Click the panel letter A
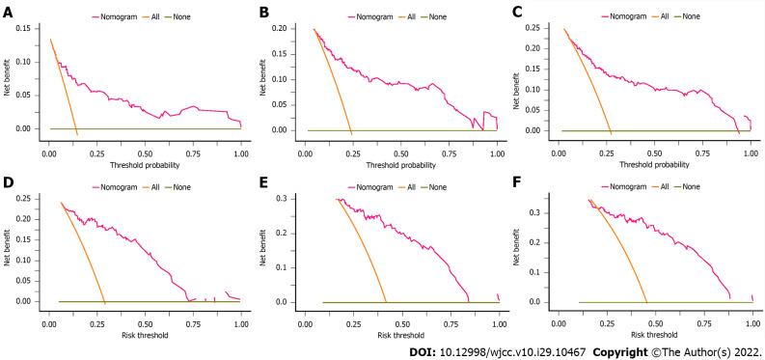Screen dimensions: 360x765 (x=8, y=14)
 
